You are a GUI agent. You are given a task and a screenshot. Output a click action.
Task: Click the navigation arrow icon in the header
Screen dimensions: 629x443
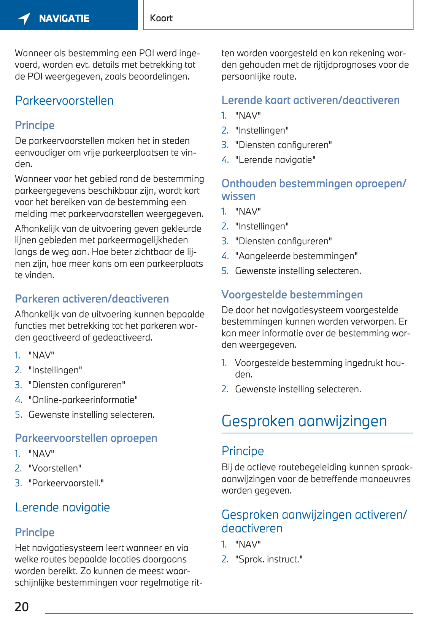pyautogui.click(x=24, y=18)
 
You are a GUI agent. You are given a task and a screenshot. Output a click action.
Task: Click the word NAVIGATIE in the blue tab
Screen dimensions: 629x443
pyautogui.click(x=64, y=18)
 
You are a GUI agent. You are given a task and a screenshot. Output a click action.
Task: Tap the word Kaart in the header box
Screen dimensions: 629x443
pyautogui.click(x=161, y=18)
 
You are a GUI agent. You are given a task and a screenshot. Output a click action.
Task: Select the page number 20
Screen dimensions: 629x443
pyautogui.click(x=22, y=607)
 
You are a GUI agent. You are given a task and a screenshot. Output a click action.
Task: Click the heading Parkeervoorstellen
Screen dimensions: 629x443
pyautogui.click(x=64, y=101)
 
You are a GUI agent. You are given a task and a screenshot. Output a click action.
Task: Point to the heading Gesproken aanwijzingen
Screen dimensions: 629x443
pyautogui.click(x=304, y=421)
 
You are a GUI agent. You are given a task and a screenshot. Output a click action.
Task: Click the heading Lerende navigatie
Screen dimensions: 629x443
pyautogui.click(x=62, y=508)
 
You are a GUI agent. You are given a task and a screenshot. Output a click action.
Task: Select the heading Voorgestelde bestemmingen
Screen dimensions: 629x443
pyautogui.click(x=292, y=295)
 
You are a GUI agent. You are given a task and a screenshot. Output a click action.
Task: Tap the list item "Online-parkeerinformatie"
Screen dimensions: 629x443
pyautogui.click(x=83, y=400)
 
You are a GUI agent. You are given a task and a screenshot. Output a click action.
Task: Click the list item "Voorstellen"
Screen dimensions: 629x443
pyautogui.click(x=55, y=468)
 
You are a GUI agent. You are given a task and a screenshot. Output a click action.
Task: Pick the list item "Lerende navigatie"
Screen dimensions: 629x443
pyautogui.click(x=275, y=160)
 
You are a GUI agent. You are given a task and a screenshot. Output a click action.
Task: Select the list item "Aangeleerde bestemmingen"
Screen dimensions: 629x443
pyautogui.click(x=296, y=256)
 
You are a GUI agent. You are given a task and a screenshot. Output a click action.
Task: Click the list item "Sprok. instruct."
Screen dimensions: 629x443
pyautogui.click(x=269, y=559)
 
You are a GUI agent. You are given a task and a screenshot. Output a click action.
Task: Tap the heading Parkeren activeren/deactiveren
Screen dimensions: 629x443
pyautogui.click(x=92, y=299)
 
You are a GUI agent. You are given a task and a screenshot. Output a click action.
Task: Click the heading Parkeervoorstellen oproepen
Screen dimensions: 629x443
pyautogui.click(x=86, y=438)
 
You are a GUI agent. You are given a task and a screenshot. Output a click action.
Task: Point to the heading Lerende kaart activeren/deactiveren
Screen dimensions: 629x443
pyautogui.click(x=311, y=100)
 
